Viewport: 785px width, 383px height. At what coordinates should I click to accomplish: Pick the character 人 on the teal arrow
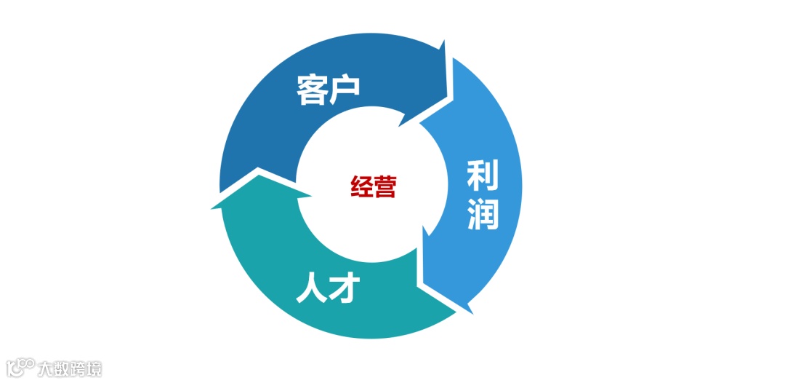click(x=312, y=288)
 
